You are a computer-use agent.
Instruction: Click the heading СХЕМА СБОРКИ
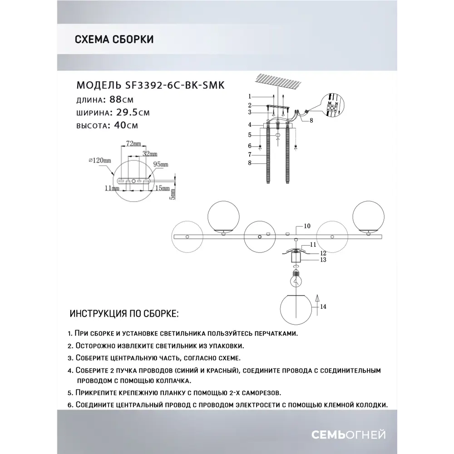[x=113, y=39]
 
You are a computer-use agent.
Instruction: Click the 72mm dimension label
[x=132, y=143]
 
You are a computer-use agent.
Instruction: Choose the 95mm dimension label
[x=161, y=164]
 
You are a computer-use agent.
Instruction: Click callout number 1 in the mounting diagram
[x=249, y=96]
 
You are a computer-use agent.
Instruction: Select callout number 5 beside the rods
[x=249, y=135]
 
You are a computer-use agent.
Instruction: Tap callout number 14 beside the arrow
[x=323, y=307]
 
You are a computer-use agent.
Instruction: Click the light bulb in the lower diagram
[x=296, y=280]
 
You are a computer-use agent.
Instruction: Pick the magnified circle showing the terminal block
[x=334, y=105]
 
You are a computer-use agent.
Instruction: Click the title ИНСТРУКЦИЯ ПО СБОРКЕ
[x=124, y=314]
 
